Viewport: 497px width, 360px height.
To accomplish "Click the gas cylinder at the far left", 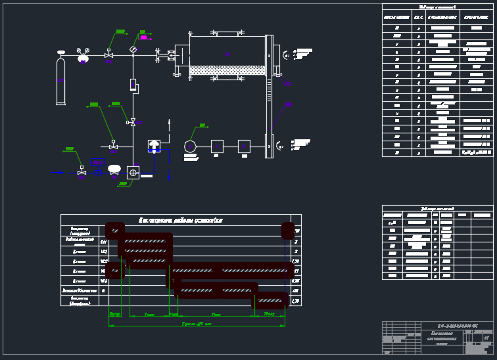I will (x=61, y=81).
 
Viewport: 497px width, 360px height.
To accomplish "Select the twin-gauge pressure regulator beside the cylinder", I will (x=83, y=57).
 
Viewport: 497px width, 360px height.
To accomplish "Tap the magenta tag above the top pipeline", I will (x=143, y=37).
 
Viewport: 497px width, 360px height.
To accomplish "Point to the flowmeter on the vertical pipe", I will (x=133, y=85).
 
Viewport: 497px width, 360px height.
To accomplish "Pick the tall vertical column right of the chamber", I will (x=268, y=96).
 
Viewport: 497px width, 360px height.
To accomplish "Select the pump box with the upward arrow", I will (x=154, y=146).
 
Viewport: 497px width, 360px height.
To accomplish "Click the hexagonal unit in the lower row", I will (x=191, y=146).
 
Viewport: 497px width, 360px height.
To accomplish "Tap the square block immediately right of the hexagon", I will (x=217, y=146).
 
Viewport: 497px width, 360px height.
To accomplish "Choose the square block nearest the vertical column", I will (x=244, y=146).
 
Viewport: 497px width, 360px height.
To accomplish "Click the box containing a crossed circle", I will (x=133, y=172).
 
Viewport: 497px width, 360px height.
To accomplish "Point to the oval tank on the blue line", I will (x=114, y=168).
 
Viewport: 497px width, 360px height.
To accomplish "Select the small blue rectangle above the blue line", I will (x=98, y=162).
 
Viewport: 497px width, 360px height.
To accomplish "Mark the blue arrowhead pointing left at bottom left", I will (x=52, y=172).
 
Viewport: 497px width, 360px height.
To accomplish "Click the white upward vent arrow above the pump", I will (x=170, y=123).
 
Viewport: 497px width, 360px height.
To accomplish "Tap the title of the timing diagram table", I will (x=180, y=220).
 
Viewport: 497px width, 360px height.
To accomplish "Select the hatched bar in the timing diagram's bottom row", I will (x=270, y=301).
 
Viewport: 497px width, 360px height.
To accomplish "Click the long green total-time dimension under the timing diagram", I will (x=197, y=325).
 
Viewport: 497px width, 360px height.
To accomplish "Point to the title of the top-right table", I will (x=437, y=7).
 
